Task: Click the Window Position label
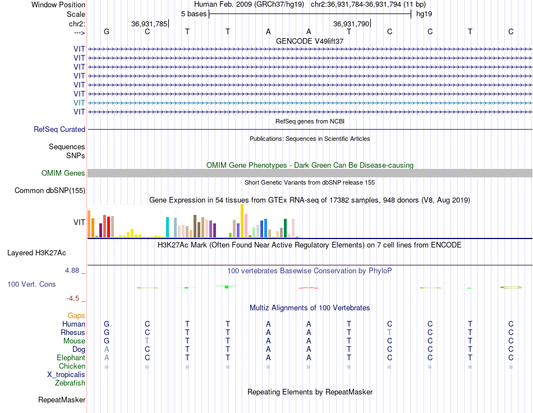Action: [x=58, y=4]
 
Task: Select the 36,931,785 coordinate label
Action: [x=149, y=24]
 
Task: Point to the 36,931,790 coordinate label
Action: [x=351, y=24]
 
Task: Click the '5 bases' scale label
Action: [x=194, y=14]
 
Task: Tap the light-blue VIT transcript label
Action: [x=79, y=103]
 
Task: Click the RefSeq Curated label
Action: [x=59, y=129]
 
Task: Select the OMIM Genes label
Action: [x=63, y=173]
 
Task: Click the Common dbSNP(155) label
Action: [x=50, y=190]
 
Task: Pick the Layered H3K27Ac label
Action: [x=36, y=253]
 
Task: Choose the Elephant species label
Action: [x=71, y=357]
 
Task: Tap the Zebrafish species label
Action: [x=70, y=383]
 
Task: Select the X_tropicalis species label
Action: [x=66, y=375]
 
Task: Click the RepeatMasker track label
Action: [x=62, y=400]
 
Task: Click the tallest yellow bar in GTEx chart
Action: [x=242, y=221]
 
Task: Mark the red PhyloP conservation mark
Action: [x=309, y=288]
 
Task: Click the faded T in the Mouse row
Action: [x=147, y=341]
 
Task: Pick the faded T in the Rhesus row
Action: [x=389, y=332]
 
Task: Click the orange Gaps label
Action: [x=76, y=316]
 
